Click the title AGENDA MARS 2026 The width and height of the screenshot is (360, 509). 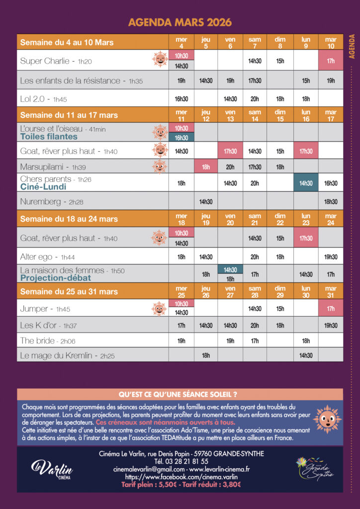pyautogui.click(x=180, y=22)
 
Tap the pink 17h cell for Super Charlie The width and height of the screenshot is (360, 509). pyautogui.click(x=331, y=61)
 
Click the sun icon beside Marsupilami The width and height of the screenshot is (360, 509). pyautogui.click(x=160, y=167)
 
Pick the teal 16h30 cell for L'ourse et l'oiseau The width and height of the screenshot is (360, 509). pyautogui.click(x=181, y=138)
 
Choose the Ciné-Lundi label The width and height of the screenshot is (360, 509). pyautogui.click(x=43, y=187)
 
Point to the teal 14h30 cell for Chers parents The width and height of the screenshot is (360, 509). pyautogui.click(x=306, y=183)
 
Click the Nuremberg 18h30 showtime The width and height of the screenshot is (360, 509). pyautogui.click(x=331, y=201)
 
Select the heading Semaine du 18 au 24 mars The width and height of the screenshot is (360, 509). pyautogui.click(x=69, y=219)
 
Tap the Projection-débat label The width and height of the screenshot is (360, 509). pyautogui.click(x=56, y=278)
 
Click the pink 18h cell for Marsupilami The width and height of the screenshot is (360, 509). pyautogui.click(x=206, y=167)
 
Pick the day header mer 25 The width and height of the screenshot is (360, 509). pyautogui.click(x=181, y=291)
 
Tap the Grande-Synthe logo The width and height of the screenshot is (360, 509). pyautogui.click(x=313, y=469)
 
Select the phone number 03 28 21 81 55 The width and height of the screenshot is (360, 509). pyautogui.click(x=181, y=461)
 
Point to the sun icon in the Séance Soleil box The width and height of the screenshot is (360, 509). pyautogui.click(x=327, y=419)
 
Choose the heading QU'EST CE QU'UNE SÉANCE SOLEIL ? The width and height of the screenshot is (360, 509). pyautogui.click(x=180, y=395)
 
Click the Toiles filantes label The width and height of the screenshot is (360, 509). pyautogui.click(x=49, y=136)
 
